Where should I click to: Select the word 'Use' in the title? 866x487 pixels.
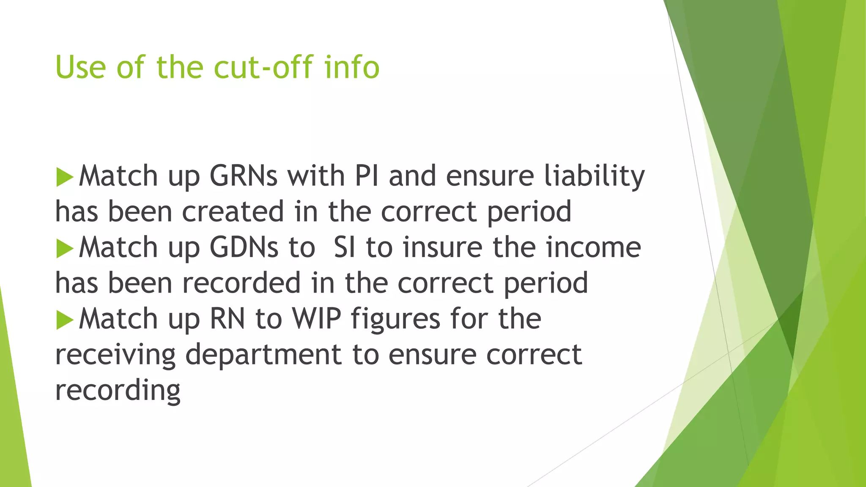80,67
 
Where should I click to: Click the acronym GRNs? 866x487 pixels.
244,176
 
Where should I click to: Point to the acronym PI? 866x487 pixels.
367,176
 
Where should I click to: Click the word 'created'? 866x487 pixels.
233,211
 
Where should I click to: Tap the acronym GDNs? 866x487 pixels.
244,247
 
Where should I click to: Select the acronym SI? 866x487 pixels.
344,247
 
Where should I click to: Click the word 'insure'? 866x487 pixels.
442,247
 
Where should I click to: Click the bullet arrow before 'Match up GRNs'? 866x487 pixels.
65,177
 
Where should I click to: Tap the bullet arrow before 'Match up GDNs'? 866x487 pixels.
65,249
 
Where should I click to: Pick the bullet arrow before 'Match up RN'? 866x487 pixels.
65,320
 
